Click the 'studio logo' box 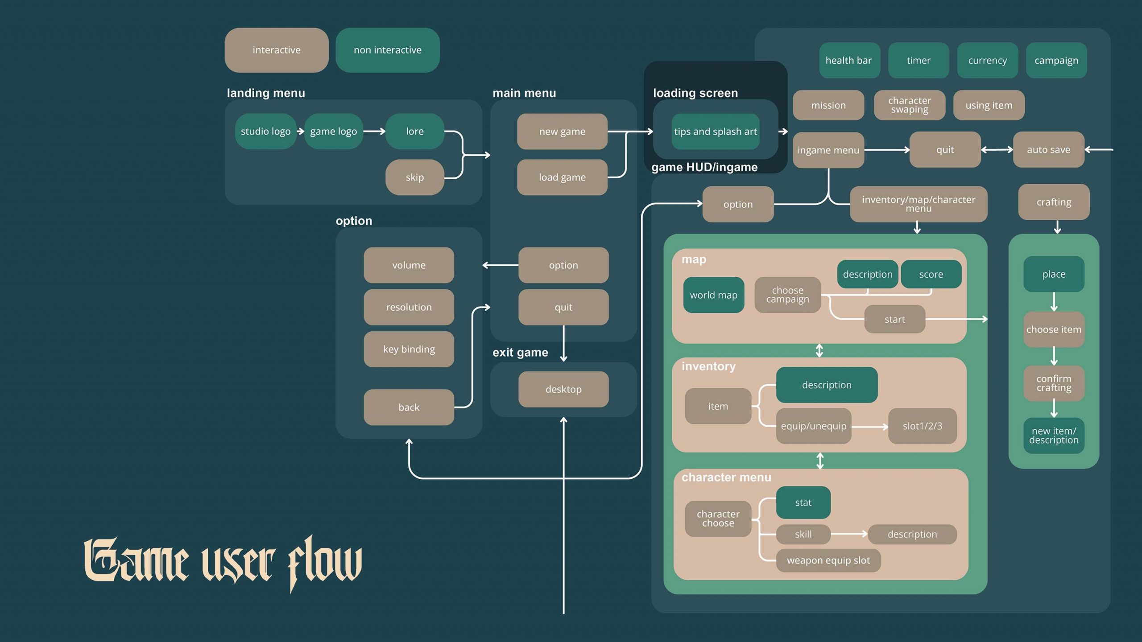(265, 132)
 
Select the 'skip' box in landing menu (414, 177)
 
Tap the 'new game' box (562, 132)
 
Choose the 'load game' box (562, 177)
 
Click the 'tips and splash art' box (715, 132)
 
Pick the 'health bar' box (848, 61)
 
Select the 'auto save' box (1048, 150)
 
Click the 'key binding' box (409, 349)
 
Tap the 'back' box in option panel (409, 407)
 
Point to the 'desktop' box (563, 389)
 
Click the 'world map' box (713, 295)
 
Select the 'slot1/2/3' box (922, 426)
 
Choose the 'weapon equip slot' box (828, 560)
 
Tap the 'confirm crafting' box (1054, 383)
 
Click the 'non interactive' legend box (387, 50)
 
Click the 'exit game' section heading (520, 353)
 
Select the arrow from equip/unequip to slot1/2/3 (869, 427)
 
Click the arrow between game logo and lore (374, 132)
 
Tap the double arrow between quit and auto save (997, 150)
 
